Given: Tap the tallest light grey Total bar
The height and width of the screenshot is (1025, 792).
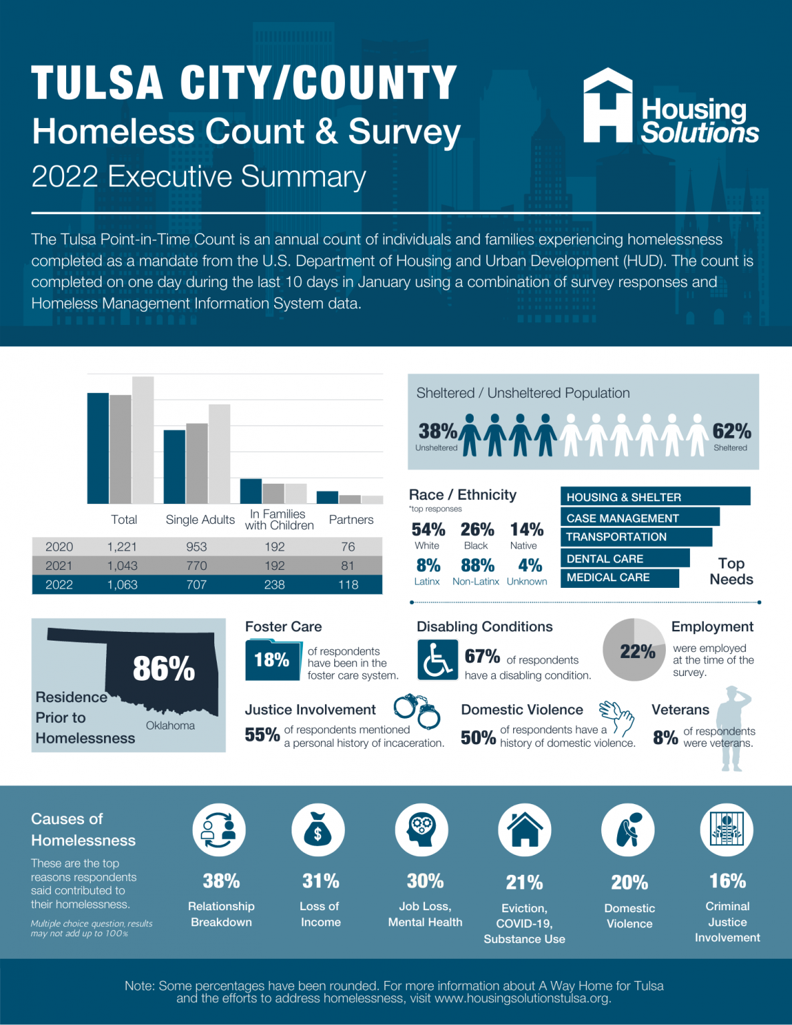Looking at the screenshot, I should [x=143, y=440].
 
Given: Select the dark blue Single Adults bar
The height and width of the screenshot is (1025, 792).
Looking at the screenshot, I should [x=174, y=466].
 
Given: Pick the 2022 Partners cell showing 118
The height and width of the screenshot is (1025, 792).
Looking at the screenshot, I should [x=348, y=585].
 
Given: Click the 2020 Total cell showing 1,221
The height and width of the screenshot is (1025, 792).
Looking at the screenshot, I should [x=122, y=547].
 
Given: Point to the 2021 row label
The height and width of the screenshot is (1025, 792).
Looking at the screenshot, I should [x=59, y=566].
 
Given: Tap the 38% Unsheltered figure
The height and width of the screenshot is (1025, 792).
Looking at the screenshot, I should [x=437, y=432].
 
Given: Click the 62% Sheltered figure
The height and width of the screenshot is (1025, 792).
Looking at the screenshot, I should [x=731, y=432].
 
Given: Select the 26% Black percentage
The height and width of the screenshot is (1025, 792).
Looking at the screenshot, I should [x=477, y=530].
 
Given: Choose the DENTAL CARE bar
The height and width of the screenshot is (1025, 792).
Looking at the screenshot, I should [x=625, y=559].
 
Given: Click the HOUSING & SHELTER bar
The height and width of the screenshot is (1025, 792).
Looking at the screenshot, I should [x=655, y=496].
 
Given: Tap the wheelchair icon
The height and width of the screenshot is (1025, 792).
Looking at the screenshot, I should [x=437, y=659].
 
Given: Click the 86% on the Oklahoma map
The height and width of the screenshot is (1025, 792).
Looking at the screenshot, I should [x=163, y=668].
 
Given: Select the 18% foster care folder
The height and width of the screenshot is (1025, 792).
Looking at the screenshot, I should [x=272, y=660].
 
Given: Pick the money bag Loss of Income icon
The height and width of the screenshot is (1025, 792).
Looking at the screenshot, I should [x=318, y=830].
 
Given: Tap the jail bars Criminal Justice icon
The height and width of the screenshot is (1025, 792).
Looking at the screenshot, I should [x=727, y=830].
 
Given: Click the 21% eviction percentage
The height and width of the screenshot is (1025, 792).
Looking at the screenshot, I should [x=524, y=883].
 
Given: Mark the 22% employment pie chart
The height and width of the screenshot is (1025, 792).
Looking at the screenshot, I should [x=634, y=650].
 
